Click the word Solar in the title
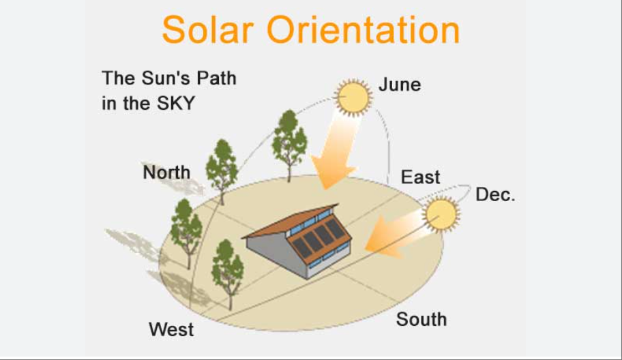pos(208,29)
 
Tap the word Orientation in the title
pos(363,29)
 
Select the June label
pos(400,85)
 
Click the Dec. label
pos(495,195)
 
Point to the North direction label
pos(166,172)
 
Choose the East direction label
pos(420,177)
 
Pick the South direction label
pos(421,319)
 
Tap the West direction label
pos(171,329)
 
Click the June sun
pos(353,97)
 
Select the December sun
pos(441,215)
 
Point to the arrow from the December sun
pos(394,235)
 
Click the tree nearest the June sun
pos(289,145)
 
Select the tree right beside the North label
pos(222,171)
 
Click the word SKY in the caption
pos(176,104)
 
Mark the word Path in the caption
pos(217,78)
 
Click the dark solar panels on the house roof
pos(319,237)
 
